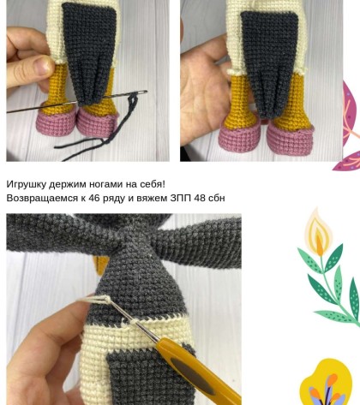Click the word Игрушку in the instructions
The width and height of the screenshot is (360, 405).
pyautogui.click(x=27, y=185)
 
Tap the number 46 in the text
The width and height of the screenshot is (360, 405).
pyautogui.click(x=94, y=198)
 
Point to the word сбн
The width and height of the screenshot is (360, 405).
pyautogui.click(x=217, y=198)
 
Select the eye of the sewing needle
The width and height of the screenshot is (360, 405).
pyautogui.click(x=141, y=92)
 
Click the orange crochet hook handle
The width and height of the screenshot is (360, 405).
pyautogui.click(x=197, y=370)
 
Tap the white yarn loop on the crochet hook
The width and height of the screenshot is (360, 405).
pyautogui.click(x=96, y=299)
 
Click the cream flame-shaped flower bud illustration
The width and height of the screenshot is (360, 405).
pyautogui.click(x=319, y=232)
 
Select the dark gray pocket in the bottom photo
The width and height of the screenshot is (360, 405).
pyautogui.click(x=148, y=375)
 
